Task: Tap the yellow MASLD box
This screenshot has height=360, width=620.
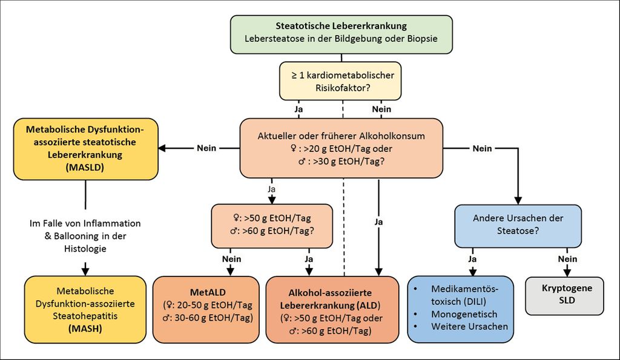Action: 85,149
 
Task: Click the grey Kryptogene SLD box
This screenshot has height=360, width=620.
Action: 564,295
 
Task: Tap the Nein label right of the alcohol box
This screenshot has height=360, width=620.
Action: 483,148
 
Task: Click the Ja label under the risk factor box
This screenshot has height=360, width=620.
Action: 298,110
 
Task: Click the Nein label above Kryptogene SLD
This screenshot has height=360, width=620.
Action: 564,259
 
